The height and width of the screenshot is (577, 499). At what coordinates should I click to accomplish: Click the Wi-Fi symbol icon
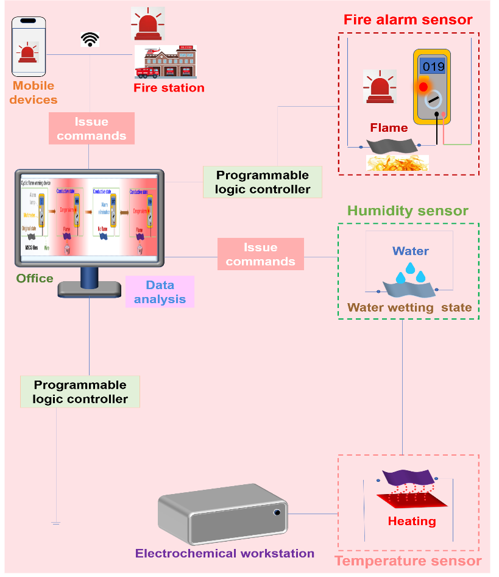[90, 40]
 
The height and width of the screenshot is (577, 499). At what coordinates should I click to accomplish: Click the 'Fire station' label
[169, 88]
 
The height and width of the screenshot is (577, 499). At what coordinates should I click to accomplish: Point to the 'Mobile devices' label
[34, 93]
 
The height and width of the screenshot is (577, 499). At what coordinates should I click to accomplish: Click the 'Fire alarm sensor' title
[408, 20]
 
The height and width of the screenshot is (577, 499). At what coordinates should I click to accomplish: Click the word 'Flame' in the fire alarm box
[389, 128]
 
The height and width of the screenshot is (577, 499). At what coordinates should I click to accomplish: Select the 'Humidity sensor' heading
[408, 211]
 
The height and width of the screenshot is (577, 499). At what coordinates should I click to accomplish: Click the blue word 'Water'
[411, 251]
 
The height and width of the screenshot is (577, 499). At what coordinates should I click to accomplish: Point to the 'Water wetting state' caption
[409, 307]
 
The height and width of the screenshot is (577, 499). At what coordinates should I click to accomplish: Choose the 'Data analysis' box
[160, 292]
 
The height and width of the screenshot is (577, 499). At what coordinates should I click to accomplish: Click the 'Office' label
[35, 278]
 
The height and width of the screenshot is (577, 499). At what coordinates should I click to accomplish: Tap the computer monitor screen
[89, 217]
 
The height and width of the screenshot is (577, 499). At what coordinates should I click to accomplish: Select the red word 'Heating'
[412, 521]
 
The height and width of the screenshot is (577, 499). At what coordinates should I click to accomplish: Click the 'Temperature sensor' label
[408, 561]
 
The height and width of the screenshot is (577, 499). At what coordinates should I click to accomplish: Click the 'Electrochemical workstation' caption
[225, 554]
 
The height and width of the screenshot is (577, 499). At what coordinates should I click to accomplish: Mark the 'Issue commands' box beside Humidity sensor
[260, 254]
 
